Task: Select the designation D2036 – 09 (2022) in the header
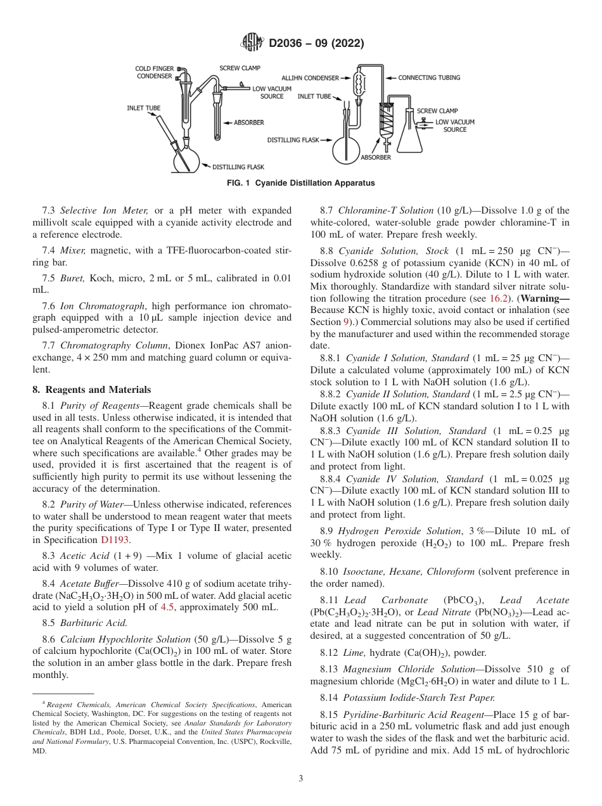click(316, 44)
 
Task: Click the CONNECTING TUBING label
click(429, 78)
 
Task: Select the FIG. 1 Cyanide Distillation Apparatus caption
click(300, 183)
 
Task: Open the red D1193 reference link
click(115, 540)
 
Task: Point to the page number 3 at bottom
click(300, 779)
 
